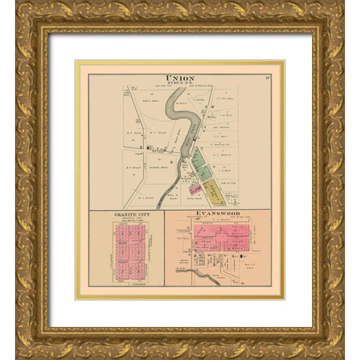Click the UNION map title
[x=179, y=78]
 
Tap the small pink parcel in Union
[x=195, y=189]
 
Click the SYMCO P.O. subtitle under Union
[x=179, y=84]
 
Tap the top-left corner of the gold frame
[x=19, y=19]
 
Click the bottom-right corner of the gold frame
[x=340, y=340]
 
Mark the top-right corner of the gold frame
[x=340, y=19]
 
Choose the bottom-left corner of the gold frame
[x=19, y=340]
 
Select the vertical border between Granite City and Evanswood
[x=164, y=247]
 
